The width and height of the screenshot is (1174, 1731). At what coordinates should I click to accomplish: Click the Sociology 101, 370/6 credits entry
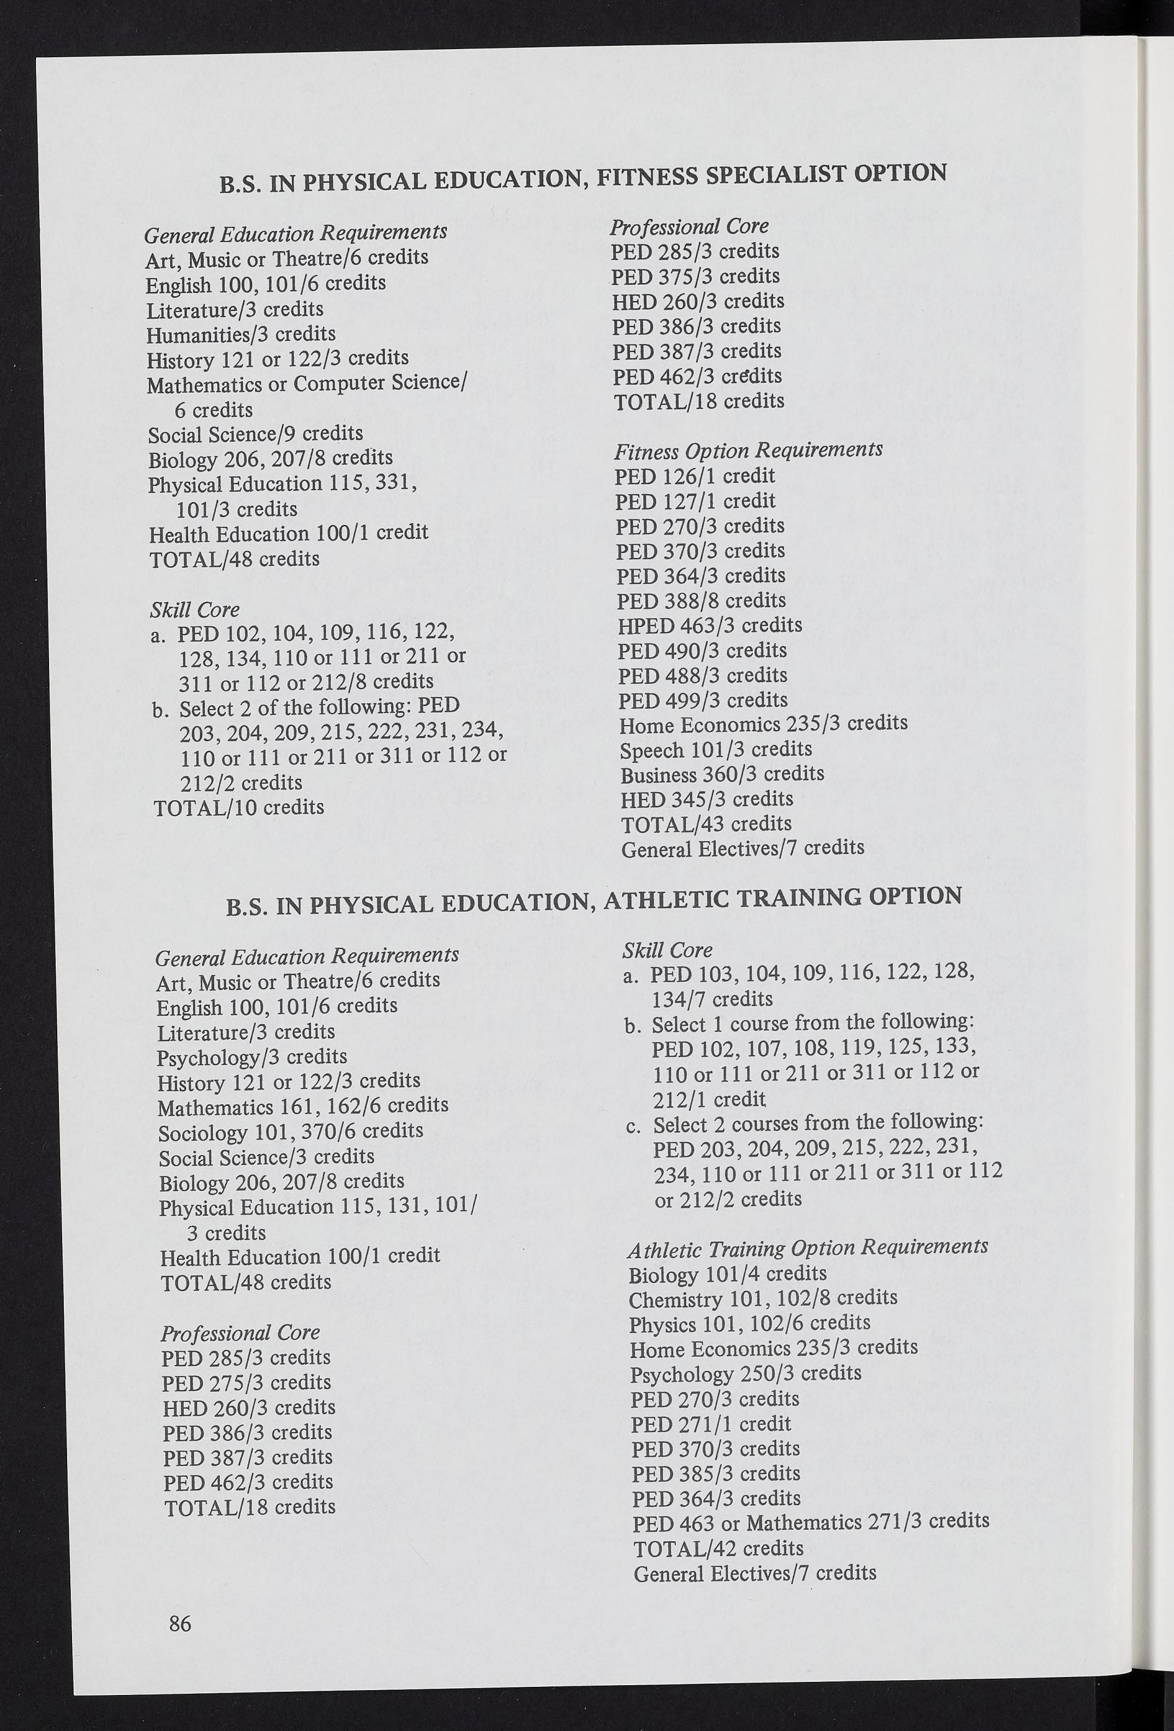click(291, 1131)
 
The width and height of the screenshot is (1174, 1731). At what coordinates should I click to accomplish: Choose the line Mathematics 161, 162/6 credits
click(302, 1105)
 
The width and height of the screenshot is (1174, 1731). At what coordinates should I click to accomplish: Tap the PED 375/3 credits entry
click(695, 277)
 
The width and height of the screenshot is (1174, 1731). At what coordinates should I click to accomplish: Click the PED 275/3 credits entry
click(247, 1383)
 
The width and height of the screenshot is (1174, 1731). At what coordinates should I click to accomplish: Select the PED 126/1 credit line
click(694, 476)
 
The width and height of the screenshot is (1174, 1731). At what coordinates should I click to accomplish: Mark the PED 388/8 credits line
click(701, 600)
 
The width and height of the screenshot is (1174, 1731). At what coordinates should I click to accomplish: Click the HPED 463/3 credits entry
click(709, 625)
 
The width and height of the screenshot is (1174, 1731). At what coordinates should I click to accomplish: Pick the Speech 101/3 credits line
click(716, 749)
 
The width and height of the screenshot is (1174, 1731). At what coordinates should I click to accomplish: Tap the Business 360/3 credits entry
click(722, 774)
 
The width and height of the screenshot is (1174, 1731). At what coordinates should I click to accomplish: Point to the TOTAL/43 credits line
click(705, 824)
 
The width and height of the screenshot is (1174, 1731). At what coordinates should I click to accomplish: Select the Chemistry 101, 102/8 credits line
click(763, 1298)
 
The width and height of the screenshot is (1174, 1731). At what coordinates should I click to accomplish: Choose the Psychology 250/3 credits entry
click(745, 1373)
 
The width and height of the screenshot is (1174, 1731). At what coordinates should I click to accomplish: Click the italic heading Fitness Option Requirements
click(748, 450)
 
